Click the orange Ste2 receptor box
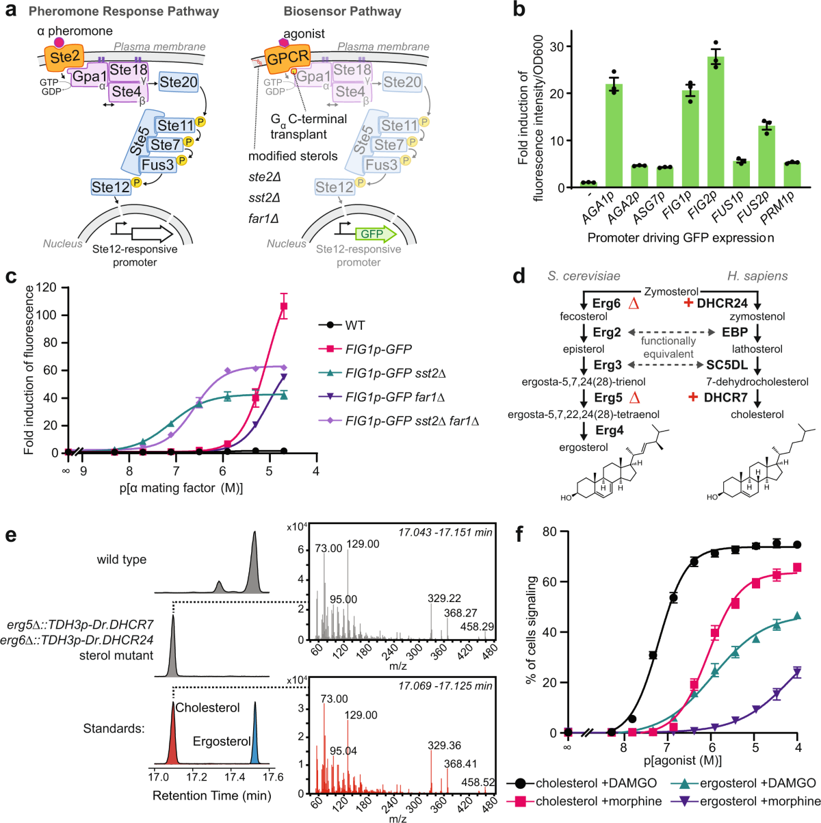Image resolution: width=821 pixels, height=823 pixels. pos(65,56)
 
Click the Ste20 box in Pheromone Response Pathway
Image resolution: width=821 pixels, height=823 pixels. pos(179,83)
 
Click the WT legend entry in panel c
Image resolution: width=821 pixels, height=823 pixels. pos(356,325)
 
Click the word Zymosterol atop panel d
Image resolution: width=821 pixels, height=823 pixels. pos(668,291)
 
